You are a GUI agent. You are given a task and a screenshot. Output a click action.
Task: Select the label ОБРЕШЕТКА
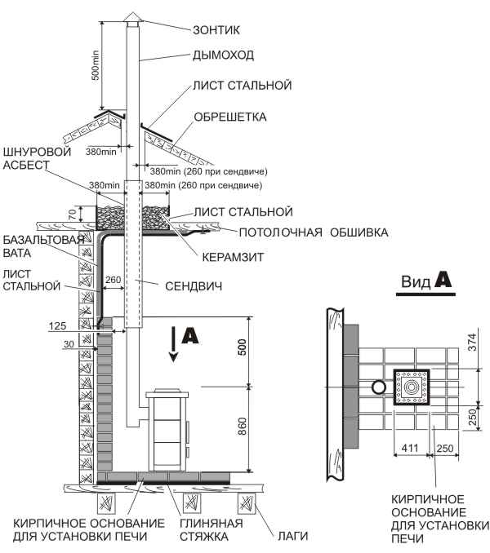[x=230, y=117]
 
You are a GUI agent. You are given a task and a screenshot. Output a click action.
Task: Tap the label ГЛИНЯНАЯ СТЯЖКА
[x=212, y=529]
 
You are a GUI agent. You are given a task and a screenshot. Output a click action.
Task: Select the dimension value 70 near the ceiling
[x=71, y=215]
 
